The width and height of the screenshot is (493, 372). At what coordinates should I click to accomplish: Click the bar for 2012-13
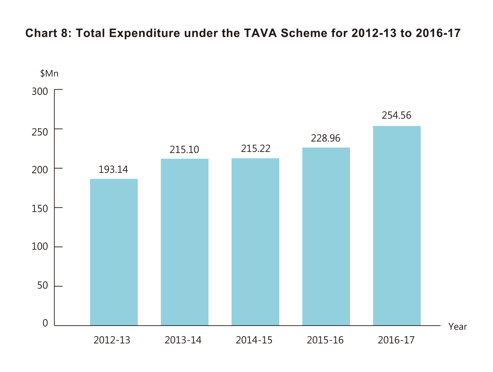point(114,252)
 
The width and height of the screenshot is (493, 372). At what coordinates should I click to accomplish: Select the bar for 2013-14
point(184,242)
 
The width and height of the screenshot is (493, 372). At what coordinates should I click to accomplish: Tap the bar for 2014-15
point(255,242)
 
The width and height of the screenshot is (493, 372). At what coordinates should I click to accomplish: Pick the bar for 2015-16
point(326,237)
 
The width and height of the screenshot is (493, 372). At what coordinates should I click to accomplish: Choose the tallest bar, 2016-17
point(397,226)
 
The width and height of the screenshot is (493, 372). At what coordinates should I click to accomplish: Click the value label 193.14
point(113,170)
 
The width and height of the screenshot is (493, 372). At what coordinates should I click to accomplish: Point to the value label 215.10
point(184,150)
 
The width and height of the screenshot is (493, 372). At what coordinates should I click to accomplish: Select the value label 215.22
point(255,149)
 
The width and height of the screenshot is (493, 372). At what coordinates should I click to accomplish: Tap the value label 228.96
point(326,138)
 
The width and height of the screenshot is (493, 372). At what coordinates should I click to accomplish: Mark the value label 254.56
point(396,116)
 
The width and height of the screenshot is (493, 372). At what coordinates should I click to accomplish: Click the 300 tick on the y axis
point(40,91)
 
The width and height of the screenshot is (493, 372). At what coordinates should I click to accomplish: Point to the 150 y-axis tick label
point(40,208)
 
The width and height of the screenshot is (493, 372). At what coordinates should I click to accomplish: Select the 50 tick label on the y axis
point(43,286)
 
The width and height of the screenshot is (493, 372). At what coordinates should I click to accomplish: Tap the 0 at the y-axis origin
point(45,323)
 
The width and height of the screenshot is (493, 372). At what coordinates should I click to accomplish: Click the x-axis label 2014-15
point(254,340)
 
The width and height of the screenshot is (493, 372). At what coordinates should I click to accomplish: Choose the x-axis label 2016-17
point(396,340)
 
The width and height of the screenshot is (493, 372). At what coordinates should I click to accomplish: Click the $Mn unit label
point(49,74)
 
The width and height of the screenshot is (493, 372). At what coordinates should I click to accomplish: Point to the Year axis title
point(458,327)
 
